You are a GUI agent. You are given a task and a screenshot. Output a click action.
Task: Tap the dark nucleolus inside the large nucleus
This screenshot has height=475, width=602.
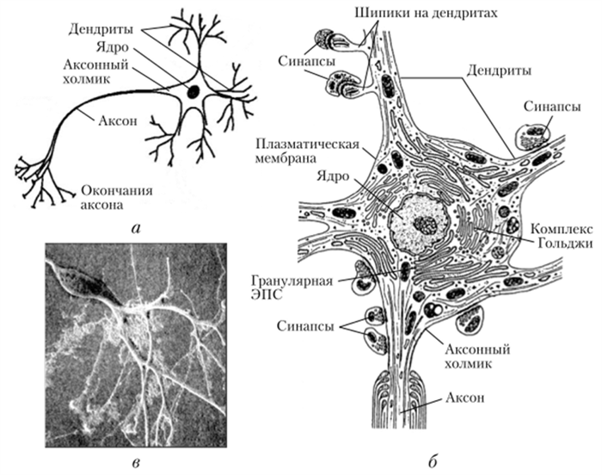(425, 225)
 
